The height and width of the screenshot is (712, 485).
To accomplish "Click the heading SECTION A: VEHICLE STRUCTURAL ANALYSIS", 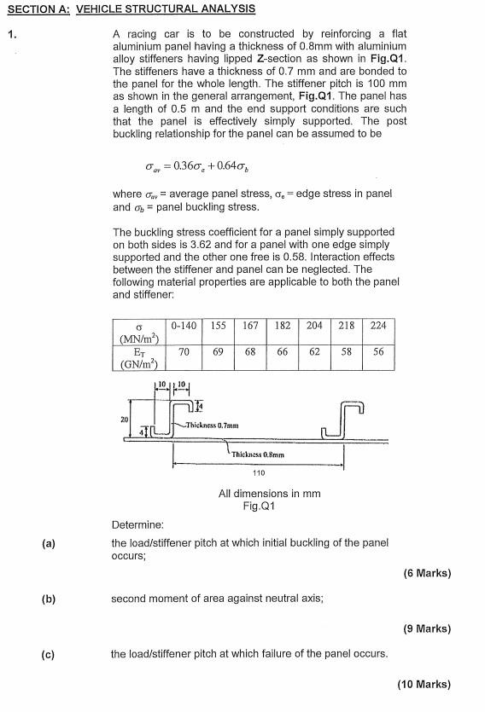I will tap(130, 9).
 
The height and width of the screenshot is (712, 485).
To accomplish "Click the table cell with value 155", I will tap(218, 326).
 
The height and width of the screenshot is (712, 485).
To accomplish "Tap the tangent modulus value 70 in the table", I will tap(184, 351).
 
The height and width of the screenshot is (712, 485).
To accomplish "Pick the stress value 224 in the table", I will tap(378, 326).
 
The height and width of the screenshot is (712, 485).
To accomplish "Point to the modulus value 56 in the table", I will tap(378, 351).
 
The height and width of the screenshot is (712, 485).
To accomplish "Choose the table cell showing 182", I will tap(283, 326).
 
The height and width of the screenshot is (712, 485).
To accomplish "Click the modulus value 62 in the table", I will tap(314, 351).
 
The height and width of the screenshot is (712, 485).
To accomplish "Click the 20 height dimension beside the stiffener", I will tap(125, 419).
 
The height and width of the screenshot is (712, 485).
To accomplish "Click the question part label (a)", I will tap(48, 543).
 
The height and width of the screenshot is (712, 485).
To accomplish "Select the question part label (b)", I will tap(48, 599).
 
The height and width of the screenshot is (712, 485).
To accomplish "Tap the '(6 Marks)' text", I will tap(427, 573).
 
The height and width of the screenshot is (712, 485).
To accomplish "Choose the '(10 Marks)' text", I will tap(424, 684).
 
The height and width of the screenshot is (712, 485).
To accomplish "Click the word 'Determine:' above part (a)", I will tap(137, 524).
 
